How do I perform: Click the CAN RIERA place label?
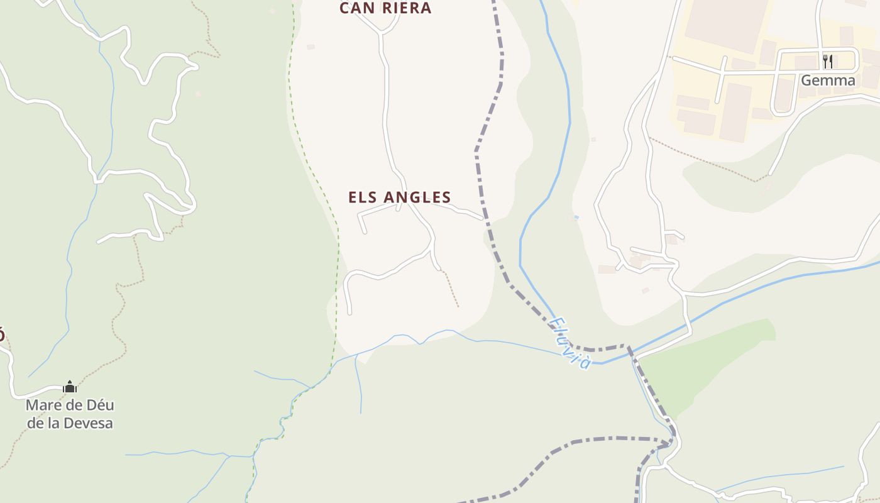point(385,8)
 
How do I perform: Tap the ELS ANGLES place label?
point(400,197)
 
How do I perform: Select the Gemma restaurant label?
point(828,80)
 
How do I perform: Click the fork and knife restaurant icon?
point(828,61)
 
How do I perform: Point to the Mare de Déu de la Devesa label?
point(70,414)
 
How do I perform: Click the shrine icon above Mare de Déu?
point(70,386)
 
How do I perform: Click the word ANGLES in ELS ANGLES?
point(417,197)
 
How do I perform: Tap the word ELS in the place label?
point(363,197)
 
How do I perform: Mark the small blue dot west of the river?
point(576,218)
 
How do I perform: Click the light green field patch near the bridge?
point(704,365)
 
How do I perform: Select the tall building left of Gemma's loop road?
point(735,112)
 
